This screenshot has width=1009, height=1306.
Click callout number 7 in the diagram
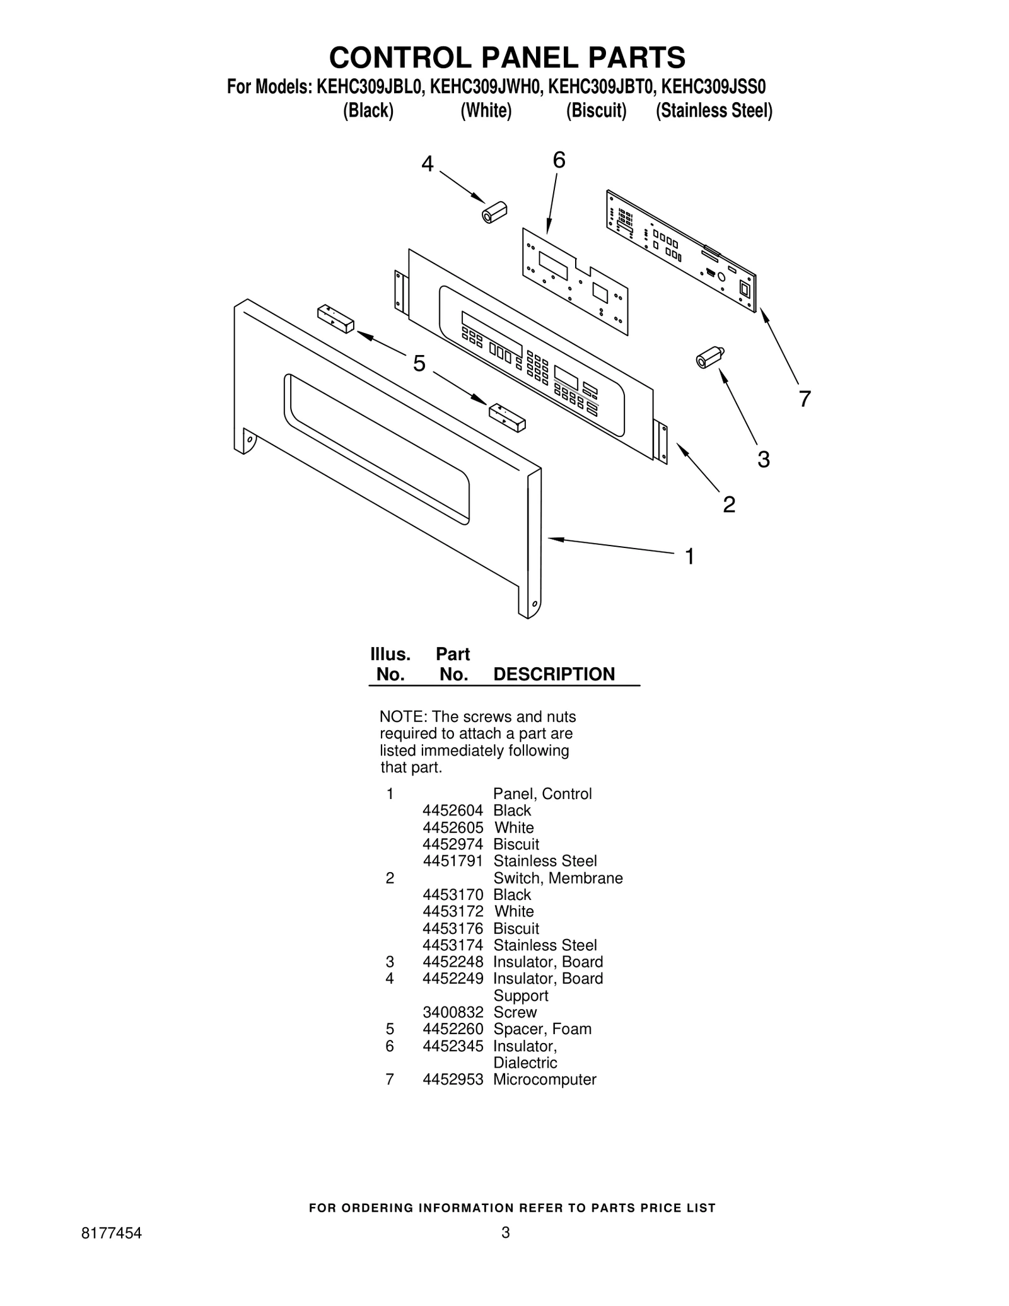pyautogui.click(x=804, y=399)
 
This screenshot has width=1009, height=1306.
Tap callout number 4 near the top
pyautogui.click(x=428, y=164)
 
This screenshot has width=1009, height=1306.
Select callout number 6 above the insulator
pyautogui.click(x=559, y=160)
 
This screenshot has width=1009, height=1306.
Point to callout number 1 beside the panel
pyautogui.click(x=690, y=556)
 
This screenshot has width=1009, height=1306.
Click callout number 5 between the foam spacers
pyautogui.click(x=419, y=363)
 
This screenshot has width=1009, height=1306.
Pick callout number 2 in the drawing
pyautogui.click(x=729, y=504)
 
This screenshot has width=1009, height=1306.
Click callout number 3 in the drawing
pyautogui.click(x=764, y=459)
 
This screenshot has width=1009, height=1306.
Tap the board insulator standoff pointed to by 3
pyautogui.click(x=710, y=356)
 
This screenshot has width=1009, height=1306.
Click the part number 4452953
pyautogui.click(x=453, y=1079)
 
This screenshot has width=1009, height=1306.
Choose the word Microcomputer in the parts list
pyautogui.click(x=545, y=1079)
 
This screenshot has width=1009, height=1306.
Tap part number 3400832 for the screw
pyautogui.click(x=453, y=1012)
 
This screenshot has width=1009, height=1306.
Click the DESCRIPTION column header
pyautogui.click(x=554, y=674)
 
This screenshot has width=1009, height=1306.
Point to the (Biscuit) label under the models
pyautogui.click(x=596, y=111)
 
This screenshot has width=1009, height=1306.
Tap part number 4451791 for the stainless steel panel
pyautogui.click(x=453, y=861)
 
